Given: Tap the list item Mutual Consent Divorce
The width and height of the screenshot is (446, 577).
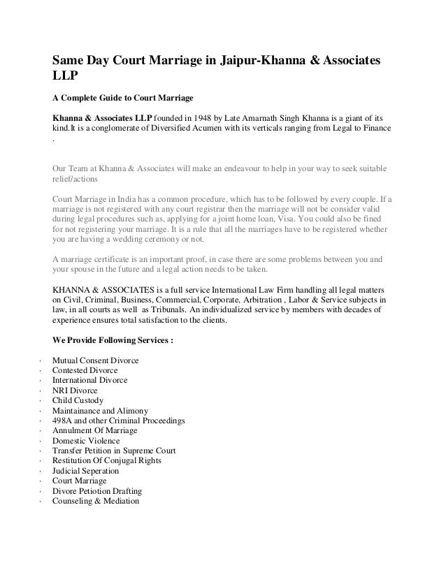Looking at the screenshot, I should pos(96,360).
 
